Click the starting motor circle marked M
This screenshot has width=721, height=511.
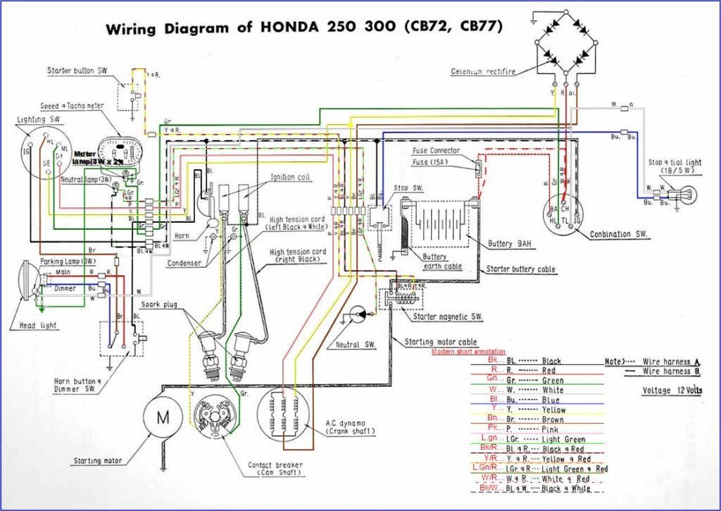tap(163, 417)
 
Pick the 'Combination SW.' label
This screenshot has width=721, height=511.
tap(620, 233)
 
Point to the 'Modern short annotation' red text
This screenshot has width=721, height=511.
tap(468, 351)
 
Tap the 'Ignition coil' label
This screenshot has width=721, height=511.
tap(292, 178)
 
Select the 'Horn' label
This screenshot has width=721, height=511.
tap(182, 235)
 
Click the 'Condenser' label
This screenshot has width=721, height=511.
tap(184, 263)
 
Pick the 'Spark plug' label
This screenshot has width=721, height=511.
tap(159, 304)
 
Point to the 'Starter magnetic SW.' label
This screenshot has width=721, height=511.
tap(448, 317)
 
